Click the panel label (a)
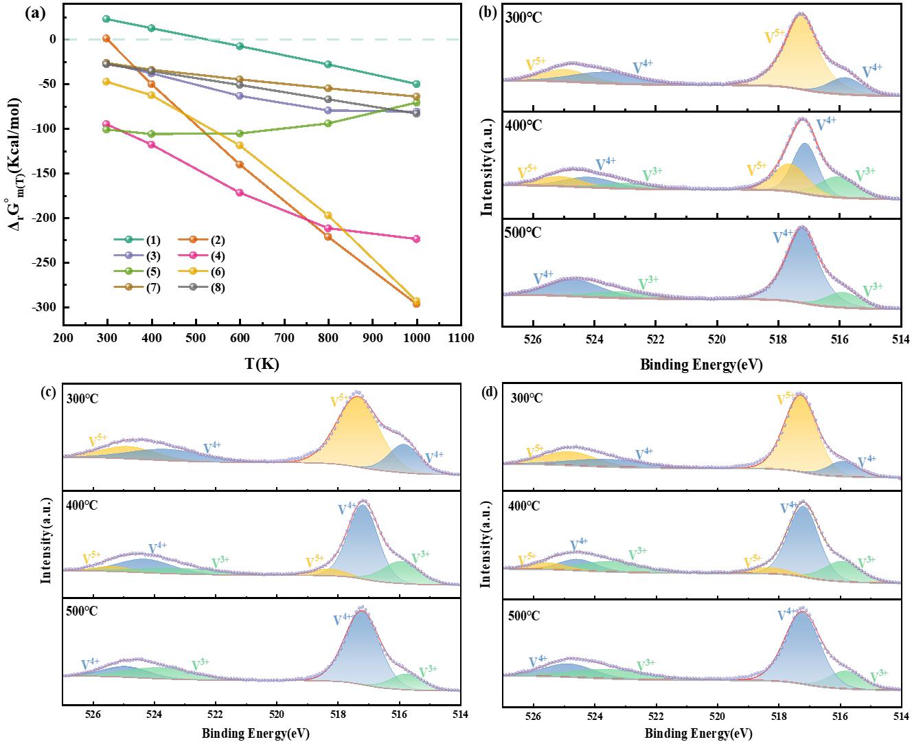coord(36,12)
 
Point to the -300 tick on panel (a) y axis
coord(45,307)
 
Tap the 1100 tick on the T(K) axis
coord(461,338)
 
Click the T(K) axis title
coord(262,364)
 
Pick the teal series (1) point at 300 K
coord(106,19)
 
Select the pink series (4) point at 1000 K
coord(416,239)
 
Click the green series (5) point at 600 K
coord(240,133)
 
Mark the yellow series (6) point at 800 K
coord(328,216)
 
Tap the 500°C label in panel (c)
coord(82,611)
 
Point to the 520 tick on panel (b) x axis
coord(717,338)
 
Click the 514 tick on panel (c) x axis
coord(460,714)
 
